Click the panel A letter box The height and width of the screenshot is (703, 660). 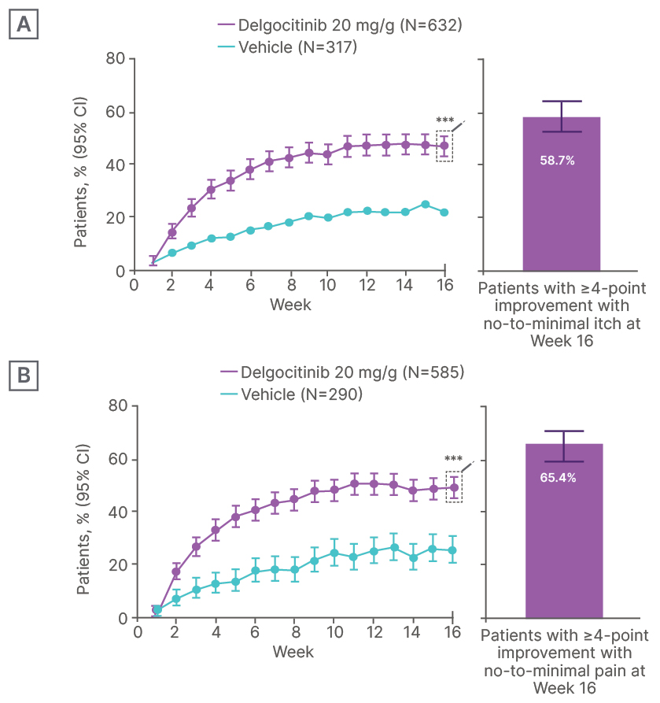click(24, 25)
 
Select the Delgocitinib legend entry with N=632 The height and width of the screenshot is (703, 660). click(340, 26)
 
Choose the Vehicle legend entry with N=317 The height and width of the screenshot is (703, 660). click(287, 47)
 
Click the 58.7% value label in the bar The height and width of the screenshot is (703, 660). click(557, 161)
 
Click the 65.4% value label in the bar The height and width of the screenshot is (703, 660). click(558, 477)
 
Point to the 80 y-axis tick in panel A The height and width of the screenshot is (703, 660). click(116, 58)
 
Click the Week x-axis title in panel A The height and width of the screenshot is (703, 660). click(290, 305)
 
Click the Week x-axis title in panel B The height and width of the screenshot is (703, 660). click(293, 652)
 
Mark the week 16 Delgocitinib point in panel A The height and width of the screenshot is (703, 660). click(444, 146)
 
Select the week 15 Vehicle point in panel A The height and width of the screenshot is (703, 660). click(425, 205)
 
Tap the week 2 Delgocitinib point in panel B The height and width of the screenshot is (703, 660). click(176, 572)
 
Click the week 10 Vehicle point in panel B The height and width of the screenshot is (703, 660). click(334, 553)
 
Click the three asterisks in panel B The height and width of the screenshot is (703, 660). click(453, 459)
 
